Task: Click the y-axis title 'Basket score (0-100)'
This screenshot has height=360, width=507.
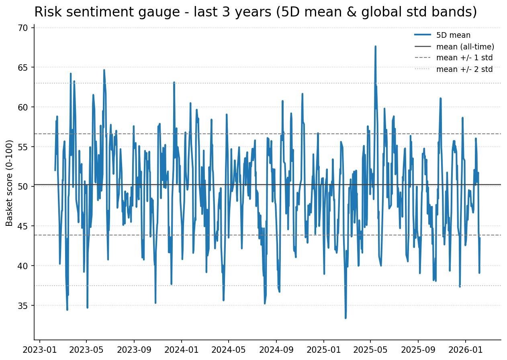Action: (x=10, y=183)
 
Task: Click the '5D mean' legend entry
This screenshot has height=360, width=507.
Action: (x=453, y=35)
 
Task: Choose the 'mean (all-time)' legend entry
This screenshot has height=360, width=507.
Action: (x=465, y=47)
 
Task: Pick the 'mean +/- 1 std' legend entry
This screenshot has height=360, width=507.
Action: (x=464, y=58)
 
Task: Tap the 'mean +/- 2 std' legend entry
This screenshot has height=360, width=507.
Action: (x=464, y=69)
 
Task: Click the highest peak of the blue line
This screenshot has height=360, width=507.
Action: (x=375, y=47)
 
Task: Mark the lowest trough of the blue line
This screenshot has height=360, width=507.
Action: (x=345, y=318)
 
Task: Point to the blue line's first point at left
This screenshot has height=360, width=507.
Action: (x=55, y=170)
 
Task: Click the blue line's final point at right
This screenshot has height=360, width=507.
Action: (x=480, y=238)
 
